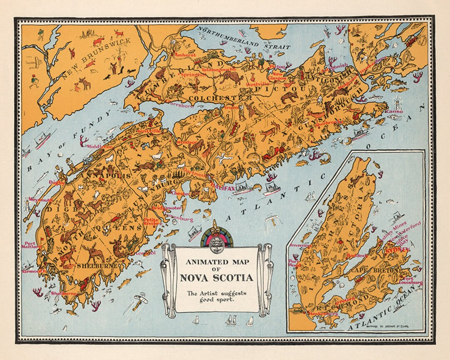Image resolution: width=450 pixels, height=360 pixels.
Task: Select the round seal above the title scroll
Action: click(216, 241)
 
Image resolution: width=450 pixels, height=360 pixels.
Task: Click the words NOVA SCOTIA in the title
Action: click(216, 277)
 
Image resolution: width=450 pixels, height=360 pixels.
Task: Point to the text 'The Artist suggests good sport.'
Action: click(216, 296)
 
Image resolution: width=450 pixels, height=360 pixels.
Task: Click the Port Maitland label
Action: click(31, 245)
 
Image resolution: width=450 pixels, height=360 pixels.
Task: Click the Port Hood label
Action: click(295, 263)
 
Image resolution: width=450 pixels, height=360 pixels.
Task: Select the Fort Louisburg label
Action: click(412, 281)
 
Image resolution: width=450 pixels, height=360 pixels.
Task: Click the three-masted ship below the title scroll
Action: click(231, 320)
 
